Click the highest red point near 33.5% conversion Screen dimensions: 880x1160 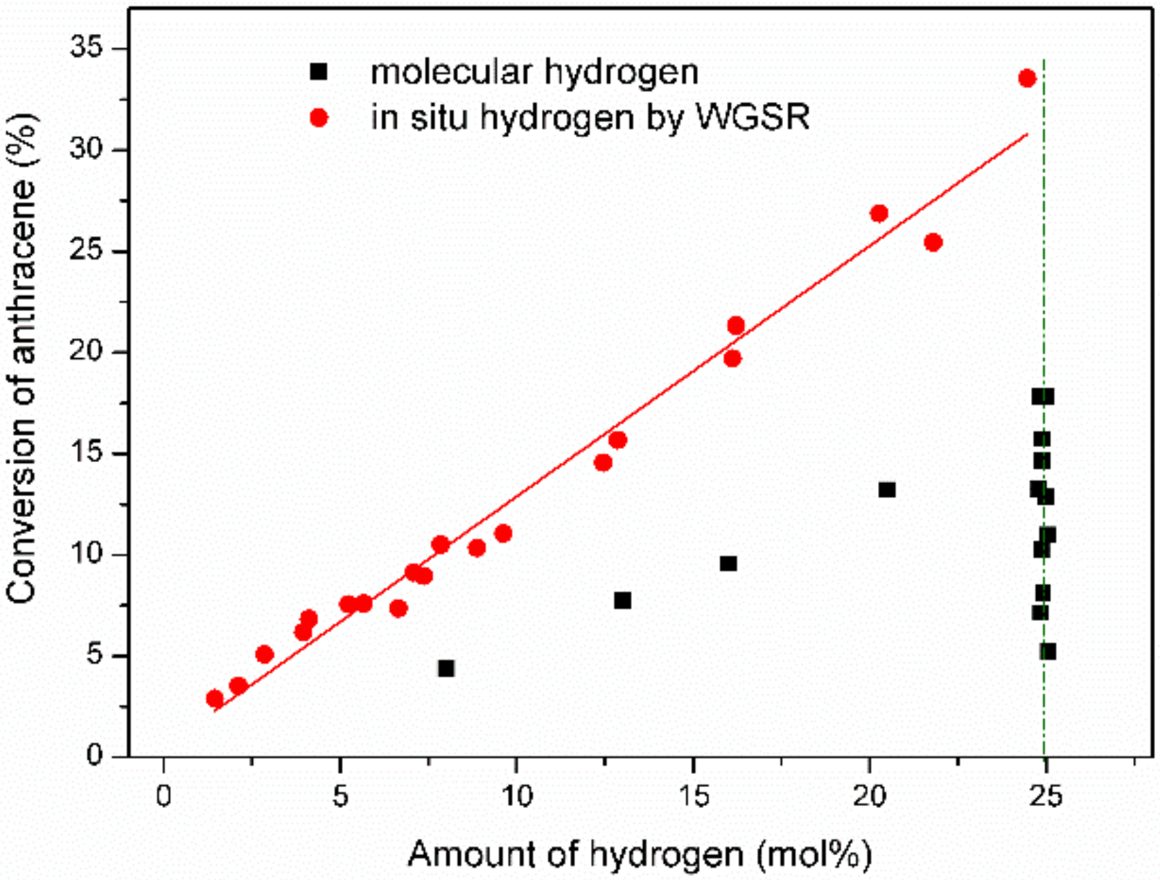1027,78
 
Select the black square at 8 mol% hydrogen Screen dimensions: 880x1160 446,669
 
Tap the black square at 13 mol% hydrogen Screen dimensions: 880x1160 622,600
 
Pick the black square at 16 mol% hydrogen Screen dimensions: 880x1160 728,563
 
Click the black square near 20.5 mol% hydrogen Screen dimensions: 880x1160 887,490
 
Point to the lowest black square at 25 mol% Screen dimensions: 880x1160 1048,651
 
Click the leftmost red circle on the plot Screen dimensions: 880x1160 215,698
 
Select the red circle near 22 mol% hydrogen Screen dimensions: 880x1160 933,243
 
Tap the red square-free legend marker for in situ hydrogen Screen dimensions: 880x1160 319,118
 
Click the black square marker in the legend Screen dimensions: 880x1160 319,71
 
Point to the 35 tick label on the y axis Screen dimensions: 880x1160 86,49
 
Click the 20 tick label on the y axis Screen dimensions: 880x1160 86,352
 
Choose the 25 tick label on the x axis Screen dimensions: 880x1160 1045,797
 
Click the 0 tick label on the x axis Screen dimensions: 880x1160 164,797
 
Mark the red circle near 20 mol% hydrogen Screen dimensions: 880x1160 879,213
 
